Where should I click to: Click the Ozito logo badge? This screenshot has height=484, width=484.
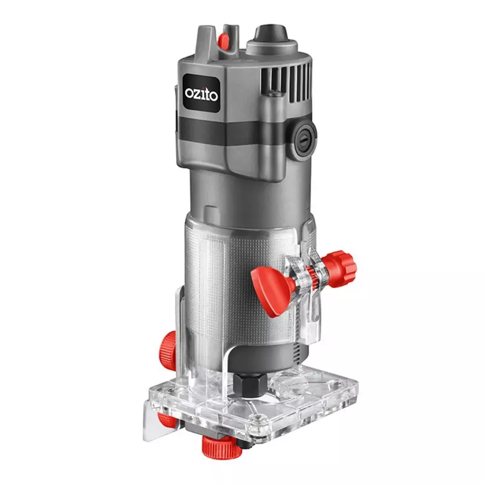[x=201, y=93]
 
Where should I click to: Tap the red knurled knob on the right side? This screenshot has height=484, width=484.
[x=340, y=269]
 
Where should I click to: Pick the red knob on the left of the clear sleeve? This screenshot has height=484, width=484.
[x=168, y=349]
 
